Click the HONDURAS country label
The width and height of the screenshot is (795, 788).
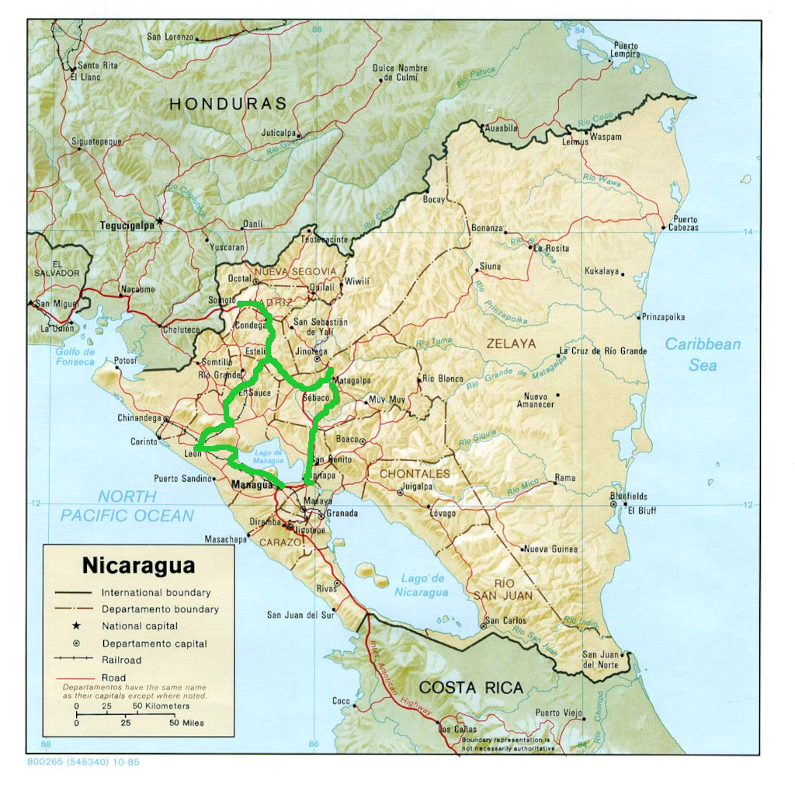coord(227,103)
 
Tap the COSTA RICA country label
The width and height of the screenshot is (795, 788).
coord(470,687)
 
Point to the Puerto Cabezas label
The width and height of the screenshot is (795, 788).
coord(685,223)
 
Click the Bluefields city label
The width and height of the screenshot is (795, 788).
coord(628,497)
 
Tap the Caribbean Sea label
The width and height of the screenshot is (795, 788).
coord(703,354)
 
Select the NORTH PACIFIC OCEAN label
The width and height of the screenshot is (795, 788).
coord(127,505)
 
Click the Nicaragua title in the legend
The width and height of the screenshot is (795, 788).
coord(138,565)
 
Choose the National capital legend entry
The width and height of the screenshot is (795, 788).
coord(140,626)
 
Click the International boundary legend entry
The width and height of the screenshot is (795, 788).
coord(155,592)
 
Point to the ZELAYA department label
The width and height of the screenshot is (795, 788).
coord(511,343)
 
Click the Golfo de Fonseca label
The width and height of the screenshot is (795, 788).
coord(75,356)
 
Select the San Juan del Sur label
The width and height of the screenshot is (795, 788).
coord(300,615)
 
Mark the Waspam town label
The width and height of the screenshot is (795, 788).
coord(606,137)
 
